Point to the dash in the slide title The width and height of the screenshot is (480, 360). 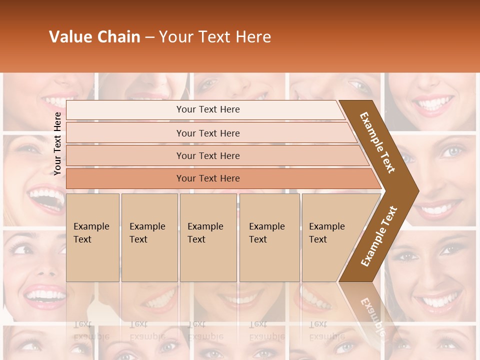[149, 37]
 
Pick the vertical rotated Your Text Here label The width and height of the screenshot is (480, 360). [58, 143]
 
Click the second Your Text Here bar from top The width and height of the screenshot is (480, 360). [207, 133]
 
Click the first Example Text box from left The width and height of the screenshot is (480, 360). [92, 237]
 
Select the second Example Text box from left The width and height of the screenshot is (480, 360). [149, 237]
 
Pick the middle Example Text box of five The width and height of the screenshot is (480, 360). [208, 237]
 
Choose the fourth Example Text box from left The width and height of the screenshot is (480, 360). [269, 237]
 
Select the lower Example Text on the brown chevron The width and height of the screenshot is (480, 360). [379, 236]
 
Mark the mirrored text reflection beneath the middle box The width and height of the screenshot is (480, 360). [205, 330]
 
